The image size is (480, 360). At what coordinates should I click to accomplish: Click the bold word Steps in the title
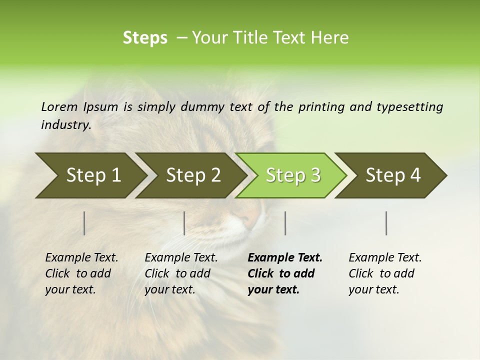145,38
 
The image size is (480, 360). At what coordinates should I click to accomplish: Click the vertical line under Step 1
84,223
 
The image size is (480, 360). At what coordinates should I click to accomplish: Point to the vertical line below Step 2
184,223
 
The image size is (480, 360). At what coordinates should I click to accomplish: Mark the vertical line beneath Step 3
285,223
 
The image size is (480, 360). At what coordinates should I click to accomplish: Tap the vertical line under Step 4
386,223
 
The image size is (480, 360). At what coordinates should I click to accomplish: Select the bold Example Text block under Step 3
285,273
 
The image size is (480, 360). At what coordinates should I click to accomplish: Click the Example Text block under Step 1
81,273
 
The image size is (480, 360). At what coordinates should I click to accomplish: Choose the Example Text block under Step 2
181,273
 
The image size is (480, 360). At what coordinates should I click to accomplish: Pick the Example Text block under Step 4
385,273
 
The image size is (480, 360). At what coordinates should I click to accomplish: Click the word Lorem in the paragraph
59,107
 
